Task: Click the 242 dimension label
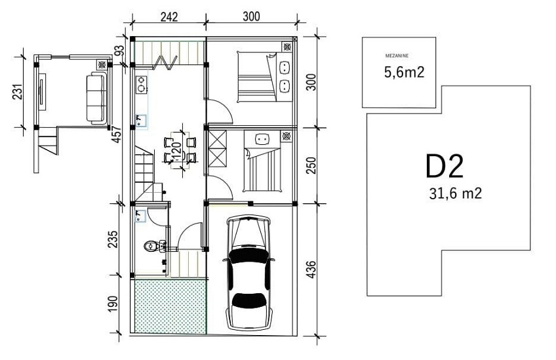[169, 16]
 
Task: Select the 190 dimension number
[112, 304]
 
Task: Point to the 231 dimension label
[18, 92]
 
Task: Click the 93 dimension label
[120, 50]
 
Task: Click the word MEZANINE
[397, 56]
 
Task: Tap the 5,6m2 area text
[405, 72]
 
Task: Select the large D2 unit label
[445, 166]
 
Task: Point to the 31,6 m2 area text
[455, 193]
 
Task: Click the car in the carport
[249, 272]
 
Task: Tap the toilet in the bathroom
[153, 246]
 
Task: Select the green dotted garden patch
[170, 306]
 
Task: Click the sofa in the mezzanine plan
[96, 98]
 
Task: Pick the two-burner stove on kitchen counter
[141, 85]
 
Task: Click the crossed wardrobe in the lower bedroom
[218, 149]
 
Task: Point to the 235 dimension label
[112, 239]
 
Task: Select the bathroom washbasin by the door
[141, 216]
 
